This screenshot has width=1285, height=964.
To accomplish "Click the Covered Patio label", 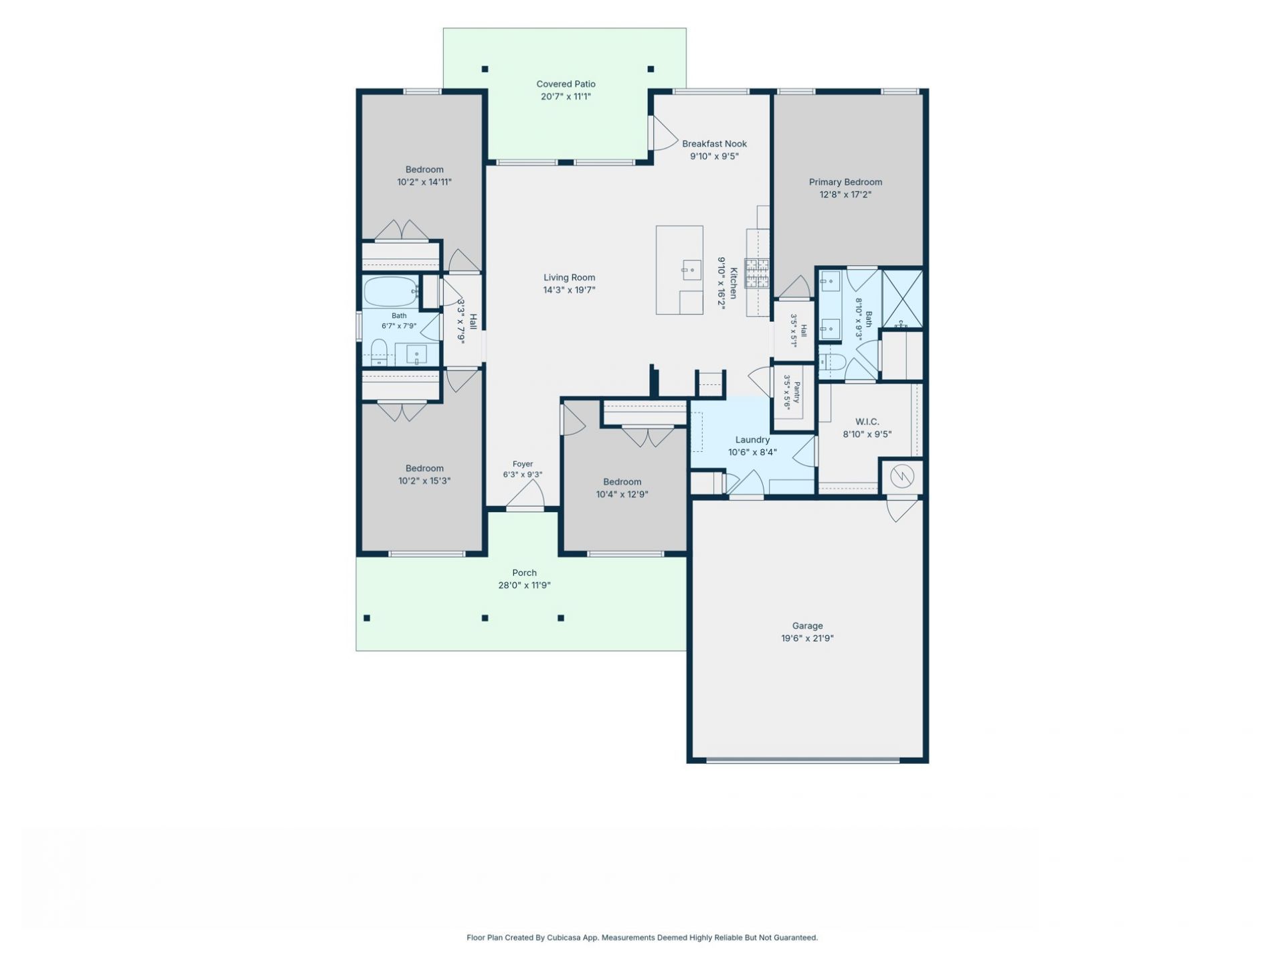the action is (566, 84).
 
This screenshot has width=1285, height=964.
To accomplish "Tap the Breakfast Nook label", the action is (714, 143).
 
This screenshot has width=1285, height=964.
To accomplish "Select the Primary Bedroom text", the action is (845, 182).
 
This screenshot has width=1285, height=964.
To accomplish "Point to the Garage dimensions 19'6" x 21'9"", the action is (807, 639).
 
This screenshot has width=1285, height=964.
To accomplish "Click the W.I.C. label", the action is (867, 422).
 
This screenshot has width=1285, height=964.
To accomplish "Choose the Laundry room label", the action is (752, 440).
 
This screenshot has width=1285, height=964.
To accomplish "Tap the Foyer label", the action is (523, 464).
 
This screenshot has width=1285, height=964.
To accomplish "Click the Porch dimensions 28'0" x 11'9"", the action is (524, 585).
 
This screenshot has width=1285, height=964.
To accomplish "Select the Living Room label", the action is (569, 277).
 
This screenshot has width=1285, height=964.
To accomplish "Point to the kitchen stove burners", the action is (757, 273).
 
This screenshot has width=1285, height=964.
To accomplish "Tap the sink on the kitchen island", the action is (691, 270).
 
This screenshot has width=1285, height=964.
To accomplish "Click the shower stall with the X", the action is (902, 299).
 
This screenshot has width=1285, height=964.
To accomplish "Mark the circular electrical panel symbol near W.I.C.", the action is (902, 477).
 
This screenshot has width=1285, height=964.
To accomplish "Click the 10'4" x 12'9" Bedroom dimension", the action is (622, 495).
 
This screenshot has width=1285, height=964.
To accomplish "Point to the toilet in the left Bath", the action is (379, 352).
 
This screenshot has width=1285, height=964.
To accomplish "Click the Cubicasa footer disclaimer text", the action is (642, 938).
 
